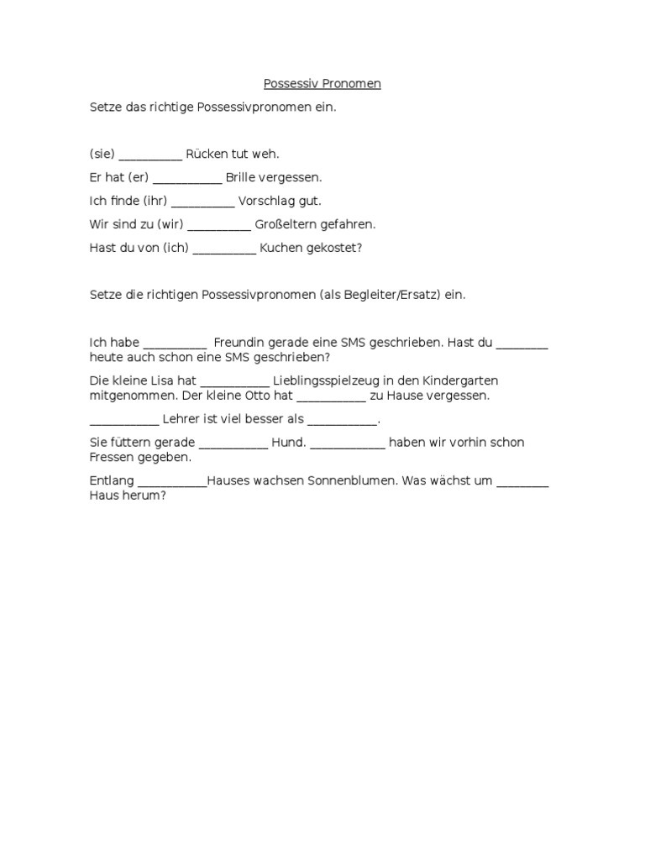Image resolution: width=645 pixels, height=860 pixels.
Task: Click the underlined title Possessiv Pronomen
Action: click(x=322, y=84)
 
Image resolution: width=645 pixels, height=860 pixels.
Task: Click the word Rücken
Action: click(x=206, y=155)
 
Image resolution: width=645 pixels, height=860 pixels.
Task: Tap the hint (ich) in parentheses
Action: click(x=174, y=249)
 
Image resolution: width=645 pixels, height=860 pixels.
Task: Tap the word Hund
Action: click(x=288, y=443)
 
